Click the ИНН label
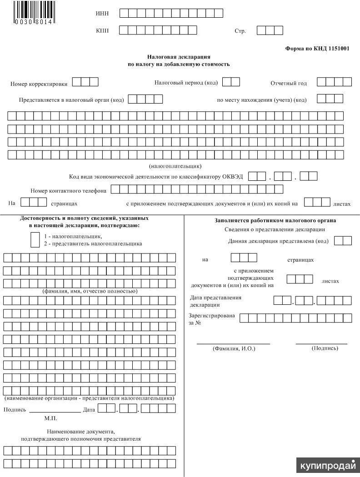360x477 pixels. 102,13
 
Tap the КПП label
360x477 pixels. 102,30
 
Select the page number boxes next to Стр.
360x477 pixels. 270,30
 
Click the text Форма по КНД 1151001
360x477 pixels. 317,49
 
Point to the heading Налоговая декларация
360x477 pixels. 179,57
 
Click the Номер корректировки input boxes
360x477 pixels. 85,82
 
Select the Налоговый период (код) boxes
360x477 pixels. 231,82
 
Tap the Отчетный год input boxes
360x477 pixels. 334,82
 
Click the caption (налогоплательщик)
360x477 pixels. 175,166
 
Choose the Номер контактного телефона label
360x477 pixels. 69,191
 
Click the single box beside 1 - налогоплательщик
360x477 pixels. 35,239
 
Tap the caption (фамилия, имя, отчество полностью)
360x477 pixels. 90,291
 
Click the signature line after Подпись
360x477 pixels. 55,410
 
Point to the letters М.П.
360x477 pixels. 51,418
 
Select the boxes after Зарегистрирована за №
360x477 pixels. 295,318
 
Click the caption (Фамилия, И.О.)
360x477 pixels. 234,348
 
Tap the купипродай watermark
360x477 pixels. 327,466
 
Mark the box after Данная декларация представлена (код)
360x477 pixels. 343,241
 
